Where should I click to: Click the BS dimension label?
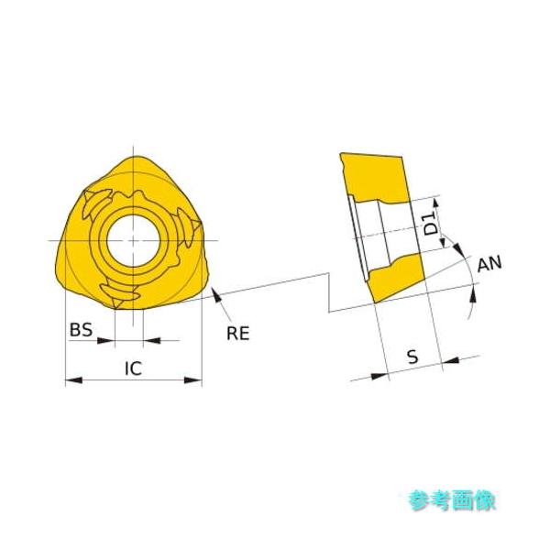click(82, 329)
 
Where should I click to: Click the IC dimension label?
click(133, 368)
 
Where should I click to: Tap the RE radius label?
click(238, 333)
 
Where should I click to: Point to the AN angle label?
click(490, 265)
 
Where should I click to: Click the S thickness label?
click(412, 357)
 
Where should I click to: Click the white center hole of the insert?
click(134, 240)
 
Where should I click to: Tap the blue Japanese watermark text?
click(453, 500)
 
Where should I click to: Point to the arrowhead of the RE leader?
click(214, 292)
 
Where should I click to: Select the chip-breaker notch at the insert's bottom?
click(120, 294)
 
